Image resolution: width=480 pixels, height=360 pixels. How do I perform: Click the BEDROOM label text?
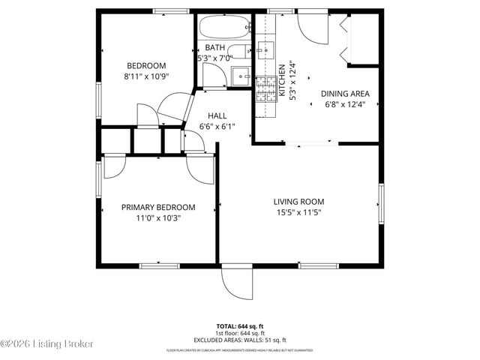pyautogui.click(x=146, y=65)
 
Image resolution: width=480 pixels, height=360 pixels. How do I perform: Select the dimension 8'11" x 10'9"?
pyautogui.click(x=146, y=76)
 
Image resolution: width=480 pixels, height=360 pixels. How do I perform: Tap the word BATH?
pyautogui.click(x=214, y=47)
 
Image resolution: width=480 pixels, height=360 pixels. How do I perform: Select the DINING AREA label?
pyautogui.click(x=345, y=94)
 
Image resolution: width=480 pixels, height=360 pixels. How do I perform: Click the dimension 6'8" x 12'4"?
pyautogui.click(x=345, y=105)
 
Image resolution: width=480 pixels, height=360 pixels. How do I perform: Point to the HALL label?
pyautogui.click(x=217, y=115)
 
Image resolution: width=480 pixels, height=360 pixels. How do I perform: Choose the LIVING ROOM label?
pyautogui.click(x=298, y=201)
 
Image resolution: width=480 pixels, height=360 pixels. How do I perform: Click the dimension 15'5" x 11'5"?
pyautogui.click(x=298, y=212)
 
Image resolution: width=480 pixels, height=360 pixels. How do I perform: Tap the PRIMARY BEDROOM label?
pyautogui.click(x=158, y=207)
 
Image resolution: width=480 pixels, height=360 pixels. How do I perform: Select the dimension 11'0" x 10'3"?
pyautogui.click(x=158, y=218)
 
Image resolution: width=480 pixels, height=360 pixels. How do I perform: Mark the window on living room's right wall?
pyautogui.click(x=381, y=202)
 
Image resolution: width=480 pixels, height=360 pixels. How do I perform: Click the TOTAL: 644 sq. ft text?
pyautogui.click(x=241, y=326)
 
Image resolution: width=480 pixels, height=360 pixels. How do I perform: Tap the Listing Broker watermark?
pyautogui.click(x=46, y=343)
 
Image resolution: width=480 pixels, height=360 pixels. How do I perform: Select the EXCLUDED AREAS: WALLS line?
pyautogui.click(x=241, y=339)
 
